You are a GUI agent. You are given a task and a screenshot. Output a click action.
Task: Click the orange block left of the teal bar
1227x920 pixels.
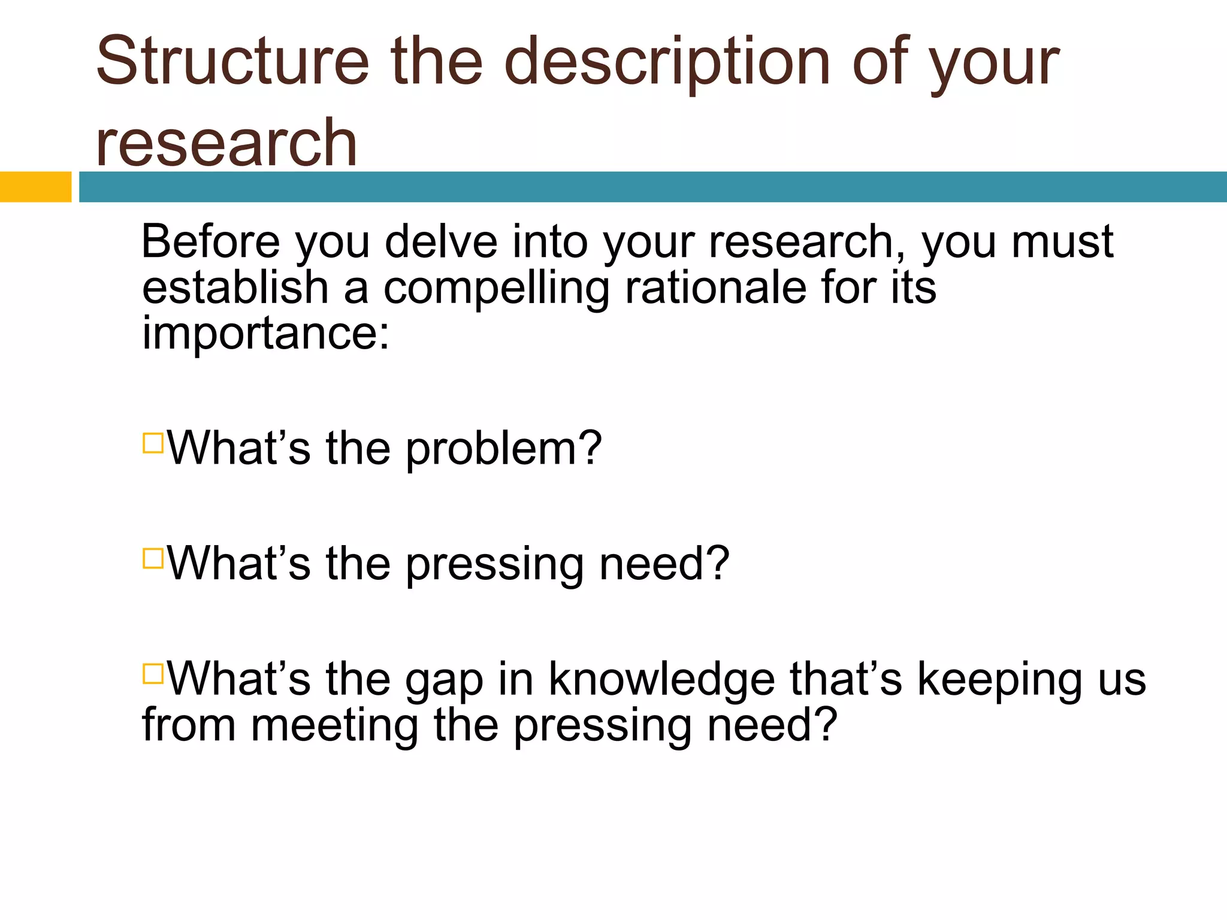point(35,187)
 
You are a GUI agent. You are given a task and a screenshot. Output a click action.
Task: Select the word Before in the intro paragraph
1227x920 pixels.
point(210,241)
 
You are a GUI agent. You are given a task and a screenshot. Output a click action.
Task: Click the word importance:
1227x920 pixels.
point(265,334)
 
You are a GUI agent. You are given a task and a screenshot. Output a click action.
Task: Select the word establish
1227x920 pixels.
point(235,287)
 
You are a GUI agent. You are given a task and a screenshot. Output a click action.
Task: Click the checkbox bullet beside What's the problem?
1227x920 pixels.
point(153,443)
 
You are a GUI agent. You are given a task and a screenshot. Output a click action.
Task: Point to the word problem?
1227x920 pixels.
point(503,449)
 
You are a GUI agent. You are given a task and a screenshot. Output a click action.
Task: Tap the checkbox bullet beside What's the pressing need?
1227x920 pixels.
point(153,558)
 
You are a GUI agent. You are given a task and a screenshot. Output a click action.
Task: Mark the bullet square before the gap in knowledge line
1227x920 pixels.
point(153,673)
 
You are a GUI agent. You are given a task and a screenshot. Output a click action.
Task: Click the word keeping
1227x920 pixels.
point(1000,680)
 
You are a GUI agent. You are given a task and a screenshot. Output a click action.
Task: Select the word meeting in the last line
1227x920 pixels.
point(334,726)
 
